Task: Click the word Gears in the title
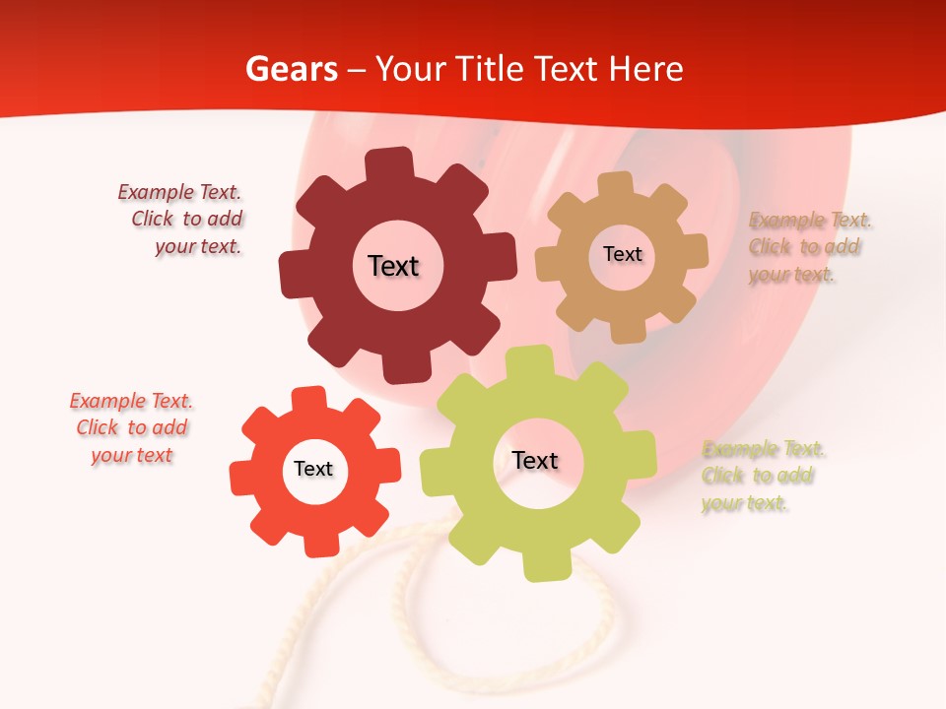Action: click(291, 69)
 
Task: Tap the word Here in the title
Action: click(646, 69)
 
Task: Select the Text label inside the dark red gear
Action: click(393, 266)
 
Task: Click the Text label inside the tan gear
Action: click(622, 254)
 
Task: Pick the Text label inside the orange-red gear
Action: click(313, 470)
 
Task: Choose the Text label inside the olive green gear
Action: click(535, 460)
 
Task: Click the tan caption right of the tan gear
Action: click(809, 247)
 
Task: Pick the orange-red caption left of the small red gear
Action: click(132, 428)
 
